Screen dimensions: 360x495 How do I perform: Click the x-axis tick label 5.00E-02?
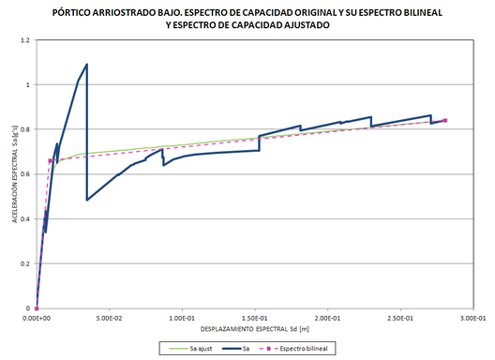(110, 319)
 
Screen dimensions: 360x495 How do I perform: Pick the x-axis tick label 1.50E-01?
(256, 319)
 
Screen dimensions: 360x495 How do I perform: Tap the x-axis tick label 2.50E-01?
(401, 319)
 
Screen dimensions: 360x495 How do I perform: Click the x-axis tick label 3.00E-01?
(474, 319)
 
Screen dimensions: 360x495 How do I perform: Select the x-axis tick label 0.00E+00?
(37, 319)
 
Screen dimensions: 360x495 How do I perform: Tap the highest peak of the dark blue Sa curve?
(87, 65)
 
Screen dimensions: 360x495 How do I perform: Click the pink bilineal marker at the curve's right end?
(445, 120)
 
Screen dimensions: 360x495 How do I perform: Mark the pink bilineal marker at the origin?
(37, 307)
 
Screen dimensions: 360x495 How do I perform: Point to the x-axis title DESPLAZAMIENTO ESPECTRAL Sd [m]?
(256, 331)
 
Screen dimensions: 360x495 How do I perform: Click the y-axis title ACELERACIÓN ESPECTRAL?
(13, 173)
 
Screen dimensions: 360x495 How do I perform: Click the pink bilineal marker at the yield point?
(50, 160)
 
